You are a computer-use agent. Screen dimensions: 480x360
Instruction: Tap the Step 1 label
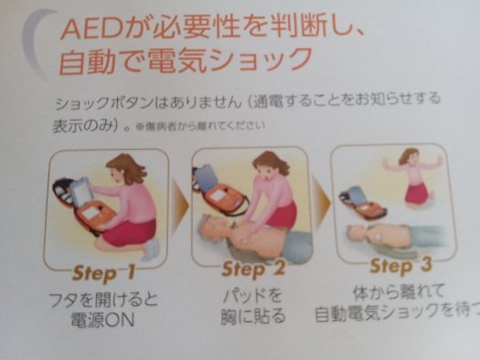click(x=103, y=272)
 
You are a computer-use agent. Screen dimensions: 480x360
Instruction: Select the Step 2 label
click(x=253, y=269)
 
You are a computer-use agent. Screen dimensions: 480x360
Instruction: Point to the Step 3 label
click(x=400, y=265)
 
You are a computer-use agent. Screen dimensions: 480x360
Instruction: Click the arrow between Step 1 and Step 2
click(x=180, y=206)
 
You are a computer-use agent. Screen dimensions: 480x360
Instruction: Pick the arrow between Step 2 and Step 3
click(x=321, y=202)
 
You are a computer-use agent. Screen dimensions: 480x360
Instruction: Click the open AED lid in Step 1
click(x=80, y=191)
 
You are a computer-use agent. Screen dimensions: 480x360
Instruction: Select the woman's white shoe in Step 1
click(x=153, y=249)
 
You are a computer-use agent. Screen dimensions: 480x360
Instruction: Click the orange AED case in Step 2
click(x=225, y=199)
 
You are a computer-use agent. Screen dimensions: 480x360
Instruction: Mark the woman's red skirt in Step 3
click(x=417, y=194)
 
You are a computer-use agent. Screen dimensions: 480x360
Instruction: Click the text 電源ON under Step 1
click(x=102, y=320)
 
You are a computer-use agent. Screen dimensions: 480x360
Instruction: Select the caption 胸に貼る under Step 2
click(x=253, y=315)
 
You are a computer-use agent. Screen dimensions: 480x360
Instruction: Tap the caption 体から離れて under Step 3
click(x=399, y=292)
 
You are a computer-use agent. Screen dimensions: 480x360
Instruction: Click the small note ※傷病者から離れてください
click(x=200, y=126)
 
